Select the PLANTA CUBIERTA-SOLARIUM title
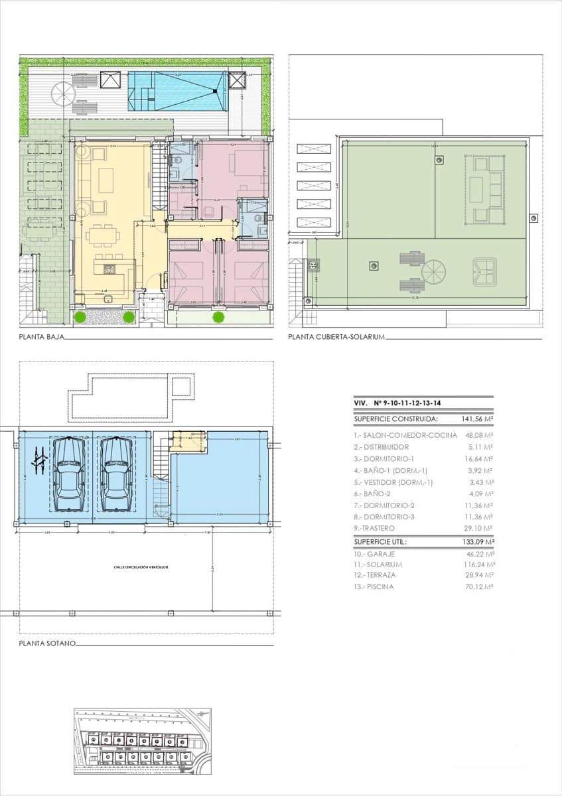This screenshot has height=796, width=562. (x=336, y=337)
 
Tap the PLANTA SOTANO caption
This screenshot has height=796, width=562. (x=47, y=643)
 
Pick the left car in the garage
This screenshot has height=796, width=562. (x=68, y=474)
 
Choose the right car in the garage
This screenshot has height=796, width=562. (x=115, y=474)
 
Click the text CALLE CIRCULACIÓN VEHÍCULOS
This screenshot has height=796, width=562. (x=140, y=568)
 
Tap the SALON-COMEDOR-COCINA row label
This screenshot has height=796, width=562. (x=405, y=435)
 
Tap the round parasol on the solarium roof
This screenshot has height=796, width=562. (x=434, y=271)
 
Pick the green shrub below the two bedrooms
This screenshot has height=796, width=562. (x=218, y=317)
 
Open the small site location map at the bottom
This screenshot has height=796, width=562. (x=142, y=741)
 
